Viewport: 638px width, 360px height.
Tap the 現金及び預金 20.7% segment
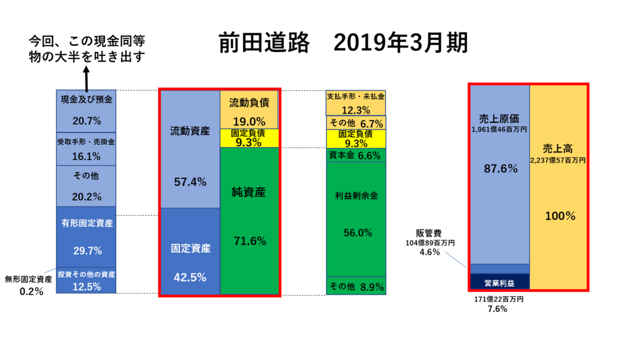click(86, 111)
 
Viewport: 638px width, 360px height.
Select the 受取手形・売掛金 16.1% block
click(86, 149)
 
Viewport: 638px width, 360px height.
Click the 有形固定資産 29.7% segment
click(86, 237)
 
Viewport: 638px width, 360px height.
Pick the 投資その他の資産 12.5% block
click(86, 280)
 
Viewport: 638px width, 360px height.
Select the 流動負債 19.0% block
click(249, 110)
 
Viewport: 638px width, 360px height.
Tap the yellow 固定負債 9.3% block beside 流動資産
click(249, 138)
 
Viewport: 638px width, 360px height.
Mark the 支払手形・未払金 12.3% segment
click(355, 103)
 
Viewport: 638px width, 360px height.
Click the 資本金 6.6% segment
click(355, 155)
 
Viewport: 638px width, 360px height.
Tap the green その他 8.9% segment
click(355, 286)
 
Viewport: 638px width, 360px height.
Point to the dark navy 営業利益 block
click(500, 282)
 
